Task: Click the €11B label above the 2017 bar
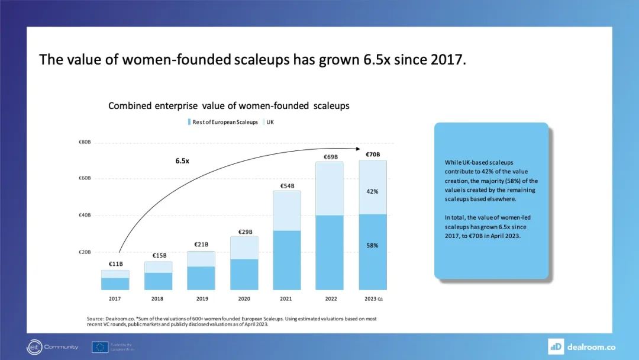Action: [115, 264]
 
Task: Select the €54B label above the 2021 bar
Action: [288, 186]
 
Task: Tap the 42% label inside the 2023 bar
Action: [372, 191]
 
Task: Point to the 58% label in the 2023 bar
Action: [372, 245]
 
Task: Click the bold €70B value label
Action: [373, 155]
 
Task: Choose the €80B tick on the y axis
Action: [84, 142]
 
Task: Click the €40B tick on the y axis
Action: [84, 216]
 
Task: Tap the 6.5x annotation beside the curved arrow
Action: [182, 160]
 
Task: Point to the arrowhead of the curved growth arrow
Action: [360, 150]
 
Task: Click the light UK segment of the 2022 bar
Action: [330, 188]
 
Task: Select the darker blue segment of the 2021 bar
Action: [287, 260]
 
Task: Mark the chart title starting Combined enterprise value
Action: [228, 106]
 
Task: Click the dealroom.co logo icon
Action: [556, 346]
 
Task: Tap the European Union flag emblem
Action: [100, 347]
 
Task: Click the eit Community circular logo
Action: [34, 347]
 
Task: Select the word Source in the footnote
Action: [96, 319]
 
